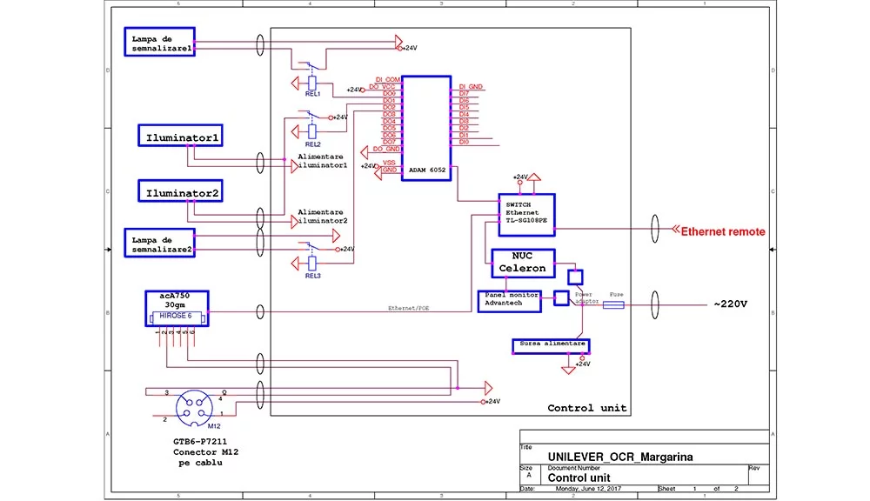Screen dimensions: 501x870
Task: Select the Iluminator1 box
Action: click(x=182, y=137)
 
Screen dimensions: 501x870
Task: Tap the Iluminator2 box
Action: click(x=182, y=191)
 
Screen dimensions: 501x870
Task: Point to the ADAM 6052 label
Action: click(x=426, y=171)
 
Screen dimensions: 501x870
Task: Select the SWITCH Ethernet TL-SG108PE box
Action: click(x=526, y=212)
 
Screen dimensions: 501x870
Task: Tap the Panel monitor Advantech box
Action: click(x=509, y=299)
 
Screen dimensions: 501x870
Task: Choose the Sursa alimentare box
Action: click(x=552, y=344)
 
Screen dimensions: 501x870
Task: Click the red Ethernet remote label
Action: click(x=722, y=231)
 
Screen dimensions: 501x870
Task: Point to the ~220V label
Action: click(x=730, y=305)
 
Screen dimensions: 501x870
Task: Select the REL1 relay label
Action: click(x=312, y=93)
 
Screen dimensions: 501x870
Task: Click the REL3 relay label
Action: click(x=312, y=275)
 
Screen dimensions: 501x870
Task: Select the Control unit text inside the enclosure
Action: click(x=586, y=408)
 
